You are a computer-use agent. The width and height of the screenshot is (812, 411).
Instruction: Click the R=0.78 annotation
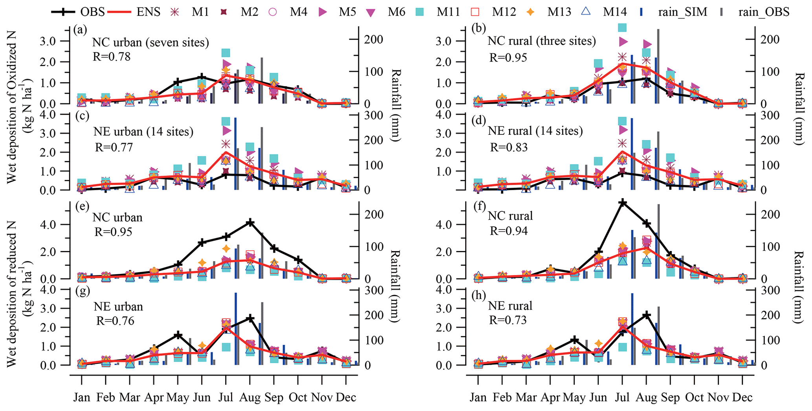click(x=112, y=57)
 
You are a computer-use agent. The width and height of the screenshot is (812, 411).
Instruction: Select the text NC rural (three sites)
click(x=542, y=41)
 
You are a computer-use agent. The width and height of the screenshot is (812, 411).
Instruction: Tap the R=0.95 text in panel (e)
click(x=114, y=232)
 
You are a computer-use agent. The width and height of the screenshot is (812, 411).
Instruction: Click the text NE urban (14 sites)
click(x=143, y=131)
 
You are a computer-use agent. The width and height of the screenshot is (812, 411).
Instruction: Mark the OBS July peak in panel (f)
click(x=622, y=203)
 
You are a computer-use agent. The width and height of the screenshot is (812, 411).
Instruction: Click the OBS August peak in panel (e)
click(x=250, y=223)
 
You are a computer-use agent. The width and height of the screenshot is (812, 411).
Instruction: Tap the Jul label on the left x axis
click(x=225, y=398)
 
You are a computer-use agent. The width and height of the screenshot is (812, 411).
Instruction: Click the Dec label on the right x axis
click(x=742, y=398)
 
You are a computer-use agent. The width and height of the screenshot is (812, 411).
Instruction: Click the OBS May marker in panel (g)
click(x=178, y=335)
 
